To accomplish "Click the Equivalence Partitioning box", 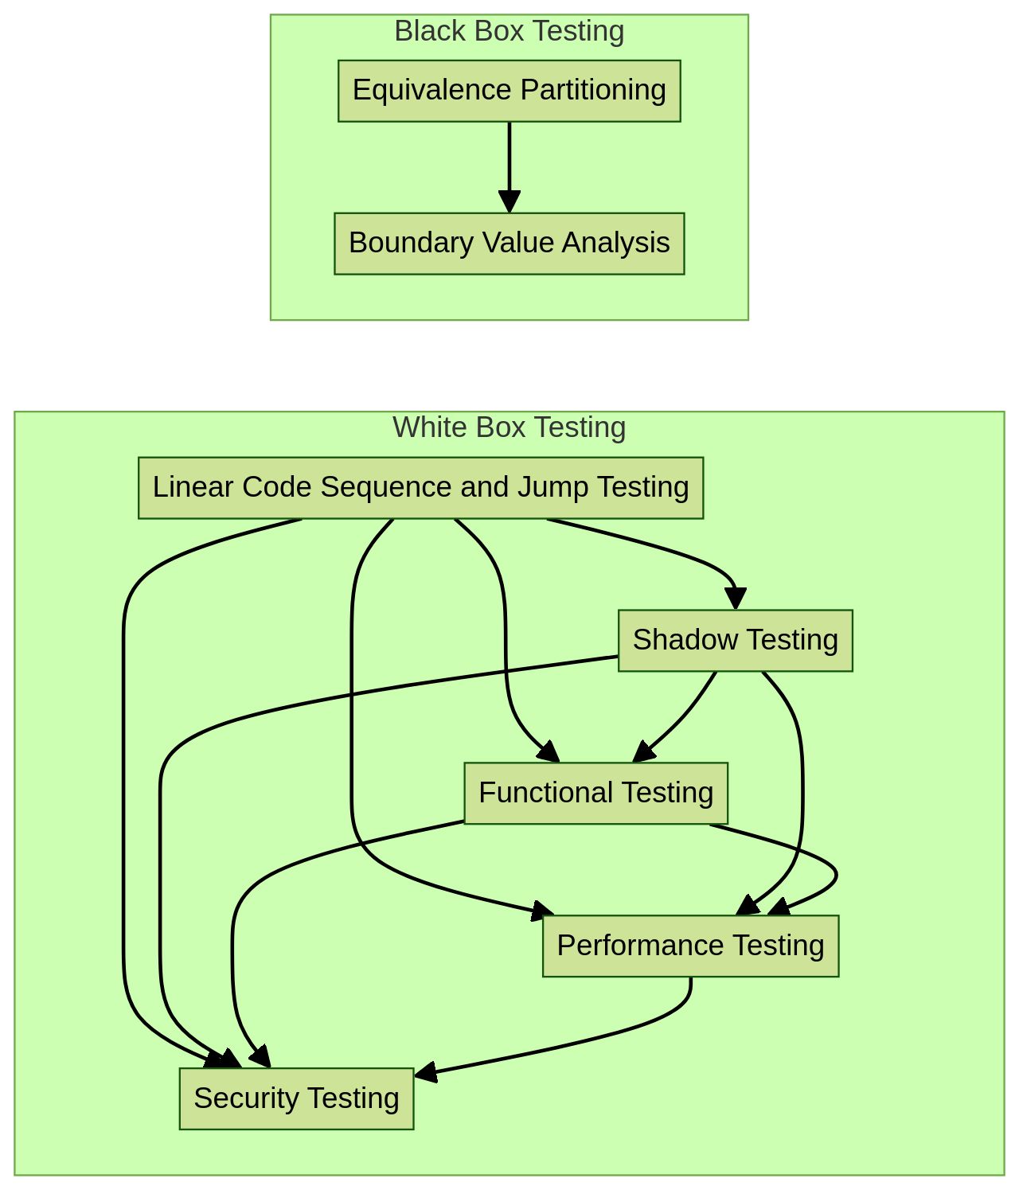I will [x=509, y=91].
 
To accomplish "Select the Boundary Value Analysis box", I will [x=509, y=244].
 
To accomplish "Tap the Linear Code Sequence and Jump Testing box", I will [x=420, y=488].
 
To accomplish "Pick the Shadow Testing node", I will [x=735, y=641].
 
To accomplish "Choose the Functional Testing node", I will [x=595, y=794].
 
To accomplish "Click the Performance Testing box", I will [x=690, y=946].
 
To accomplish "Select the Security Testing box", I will [x=296, y=1099].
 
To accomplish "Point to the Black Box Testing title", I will [x=509, y=32].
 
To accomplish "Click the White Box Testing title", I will [x=509, y=428].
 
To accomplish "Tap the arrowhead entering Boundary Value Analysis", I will [x=509, y=202].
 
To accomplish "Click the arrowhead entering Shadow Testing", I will [x=736, y=599].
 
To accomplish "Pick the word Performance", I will [x=640, y=946].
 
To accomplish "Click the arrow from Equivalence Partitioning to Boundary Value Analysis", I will [x=509, y=159].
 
